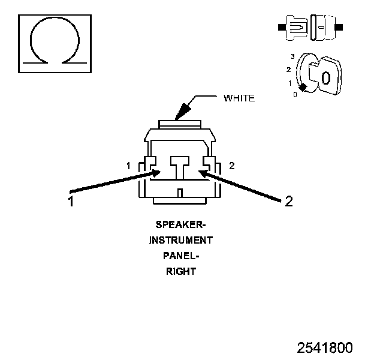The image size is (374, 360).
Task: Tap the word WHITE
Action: click(x=239, y=98)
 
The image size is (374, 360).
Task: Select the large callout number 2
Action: click(x=288, y=202)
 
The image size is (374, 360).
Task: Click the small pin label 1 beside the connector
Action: click(x=129, y=165)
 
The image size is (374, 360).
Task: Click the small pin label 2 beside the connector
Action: click(x=232, y=165)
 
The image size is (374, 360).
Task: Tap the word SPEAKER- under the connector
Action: click(x=180, y=225)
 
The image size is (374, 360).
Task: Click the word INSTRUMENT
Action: click(x=180, y=240)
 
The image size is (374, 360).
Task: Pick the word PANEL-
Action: click(x=180, y=256)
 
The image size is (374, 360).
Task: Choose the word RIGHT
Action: click(x=180, y=271)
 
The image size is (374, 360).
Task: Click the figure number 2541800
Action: click(x=325, y=348)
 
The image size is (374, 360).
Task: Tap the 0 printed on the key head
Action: click(x=325, y=78)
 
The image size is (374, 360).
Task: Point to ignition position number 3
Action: click(x=292, y=56)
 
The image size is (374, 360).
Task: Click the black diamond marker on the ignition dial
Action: click(x=303, y=88)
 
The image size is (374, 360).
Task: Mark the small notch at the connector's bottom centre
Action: click(x=180, y=192)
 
